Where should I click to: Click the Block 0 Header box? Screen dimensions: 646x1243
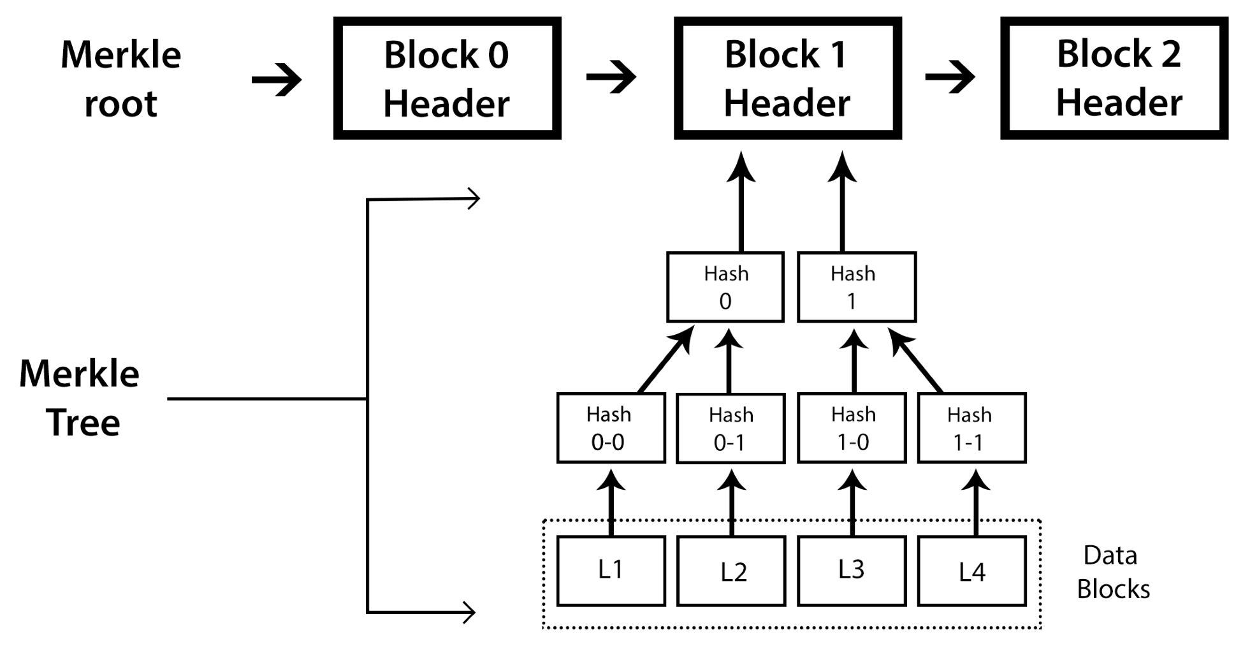pos(447,78)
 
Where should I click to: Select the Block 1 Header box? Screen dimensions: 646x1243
pos(787,78)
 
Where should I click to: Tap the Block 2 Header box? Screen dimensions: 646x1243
pos(1114,78)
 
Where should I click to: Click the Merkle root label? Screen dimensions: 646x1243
pos(120,78)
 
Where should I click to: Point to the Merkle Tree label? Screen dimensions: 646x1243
pos(80,397)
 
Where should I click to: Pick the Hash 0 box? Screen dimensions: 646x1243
pos(725,287)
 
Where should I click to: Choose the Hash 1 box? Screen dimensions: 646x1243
pos(856,287)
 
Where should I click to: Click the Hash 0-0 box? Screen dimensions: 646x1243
pos(611,428)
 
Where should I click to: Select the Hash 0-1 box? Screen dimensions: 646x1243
pos(731,429)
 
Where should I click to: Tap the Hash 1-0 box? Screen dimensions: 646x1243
pos(852,428)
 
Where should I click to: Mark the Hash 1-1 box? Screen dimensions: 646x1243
pos(971,428)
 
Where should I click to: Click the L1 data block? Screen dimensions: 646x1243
pos(611,570)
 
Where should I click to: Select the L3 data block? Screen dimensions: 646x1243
pos(852,570)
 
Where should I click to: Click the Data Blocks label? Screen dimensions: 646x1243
pos(1112,572)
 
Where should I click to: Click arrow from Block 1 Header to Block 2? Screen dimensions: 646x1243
pos(950,77)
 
